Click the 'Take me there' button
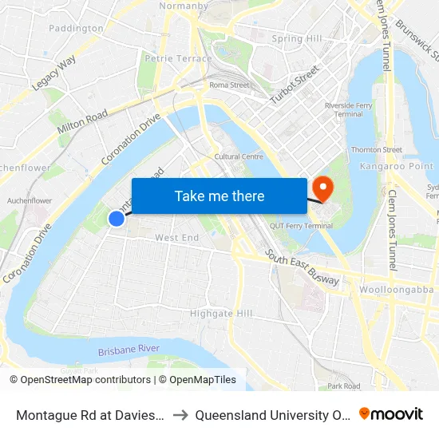[219, 196]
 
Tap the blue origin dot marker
[117, 218]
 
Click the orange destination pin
[322, 189]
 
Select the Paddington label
[76, 28]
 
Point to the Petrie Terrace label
[178, 58]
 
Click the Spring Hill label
[296, 38]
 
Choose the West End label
[176, 238]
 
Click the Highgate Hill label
[221, 314]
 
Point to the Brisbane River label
[129, 350]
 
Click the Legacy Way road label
[54, 73]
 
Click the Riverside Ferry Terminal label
[344, 109]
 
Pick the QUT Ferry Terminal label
[301, 226]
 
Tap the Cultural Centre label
[239, 156]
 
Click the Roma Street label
[229, 85]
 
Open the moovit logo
[391, 414]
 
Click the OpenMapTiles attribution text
[197, 380]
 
